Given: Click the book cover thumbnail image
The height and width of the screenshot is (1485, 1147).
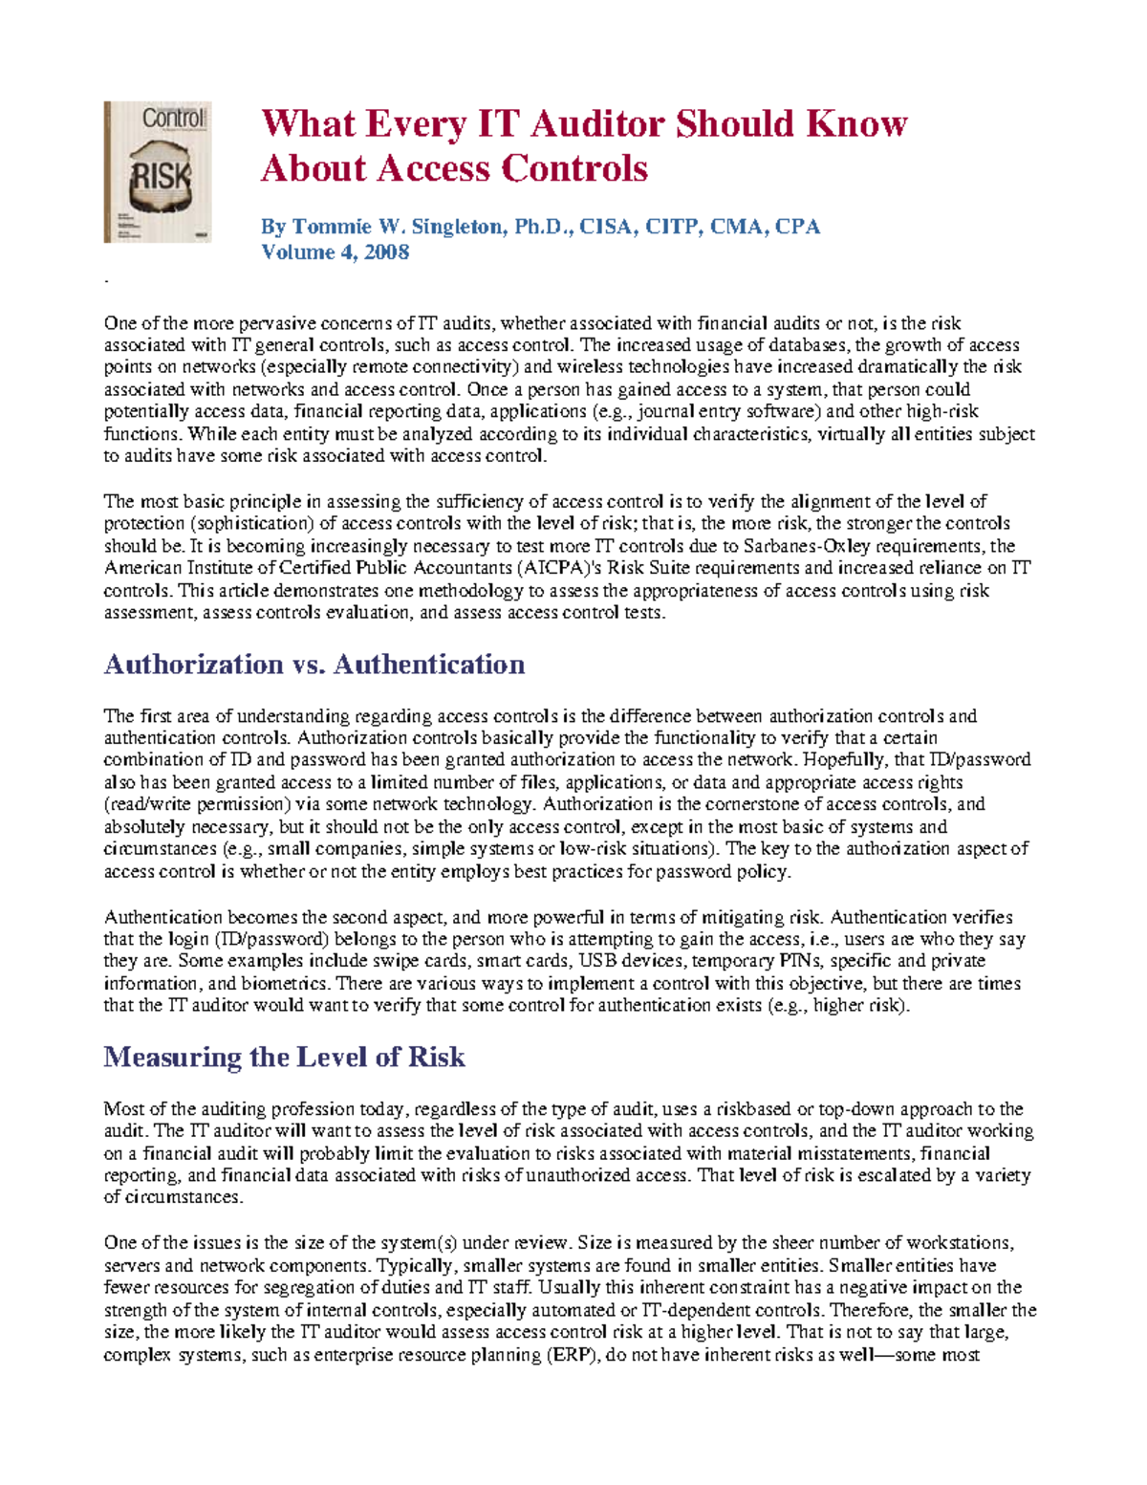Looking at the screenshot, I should click(158, 172).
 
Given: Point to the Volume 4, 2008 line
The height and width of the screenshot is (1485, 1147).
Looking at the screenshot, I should click(335, 252).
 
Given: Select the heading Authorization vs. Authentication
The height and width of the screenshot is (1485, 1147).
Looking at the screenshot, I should click(314, 665).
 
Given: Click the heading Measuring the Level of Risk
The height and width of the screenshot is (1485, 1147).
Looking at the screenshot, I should click(284, 1058).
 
